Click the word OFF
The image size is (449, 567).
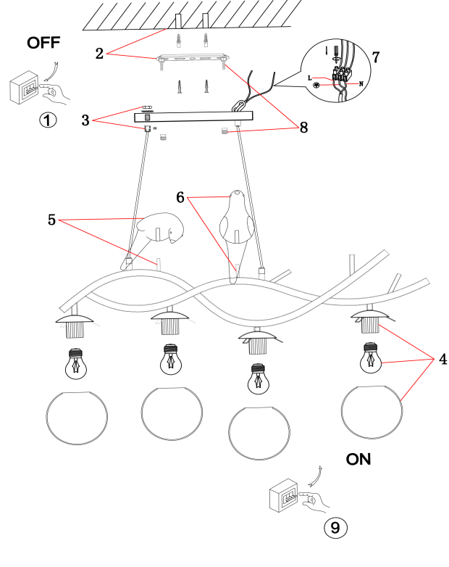tap(43, 43)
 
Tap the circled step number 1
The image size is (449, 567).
tap(48, 120)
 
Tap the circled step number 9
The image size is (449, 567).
tap(335, 527)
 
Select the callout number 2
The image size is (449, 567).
tap(100, 51)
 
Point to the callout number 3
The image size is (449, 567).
tap(85, 120)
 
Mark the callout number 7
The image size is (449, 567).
tap(374, 57)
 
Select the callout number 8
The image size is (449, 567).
tap(303, 127)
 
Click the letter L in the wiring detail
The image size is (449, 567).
tap(311, 75)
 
